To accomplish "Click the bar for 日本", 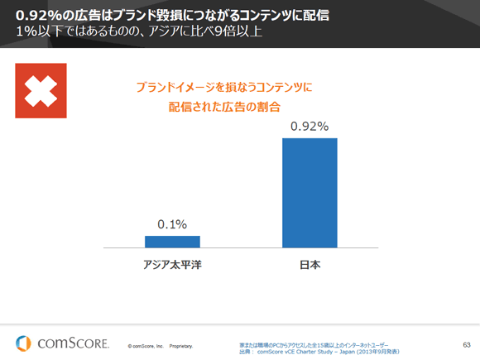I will [x=310, y=192].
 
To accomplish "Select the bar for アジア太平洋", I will [x=172, y=241].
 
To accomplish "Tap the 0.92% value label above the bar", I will [x=310, y=127].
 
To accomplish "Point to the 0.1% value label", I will [x=172, y=224].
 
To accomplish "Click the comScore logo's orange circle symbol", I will [x=25, y=342].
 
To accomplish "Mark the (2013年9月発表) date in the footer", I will [x=373, y=351].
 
